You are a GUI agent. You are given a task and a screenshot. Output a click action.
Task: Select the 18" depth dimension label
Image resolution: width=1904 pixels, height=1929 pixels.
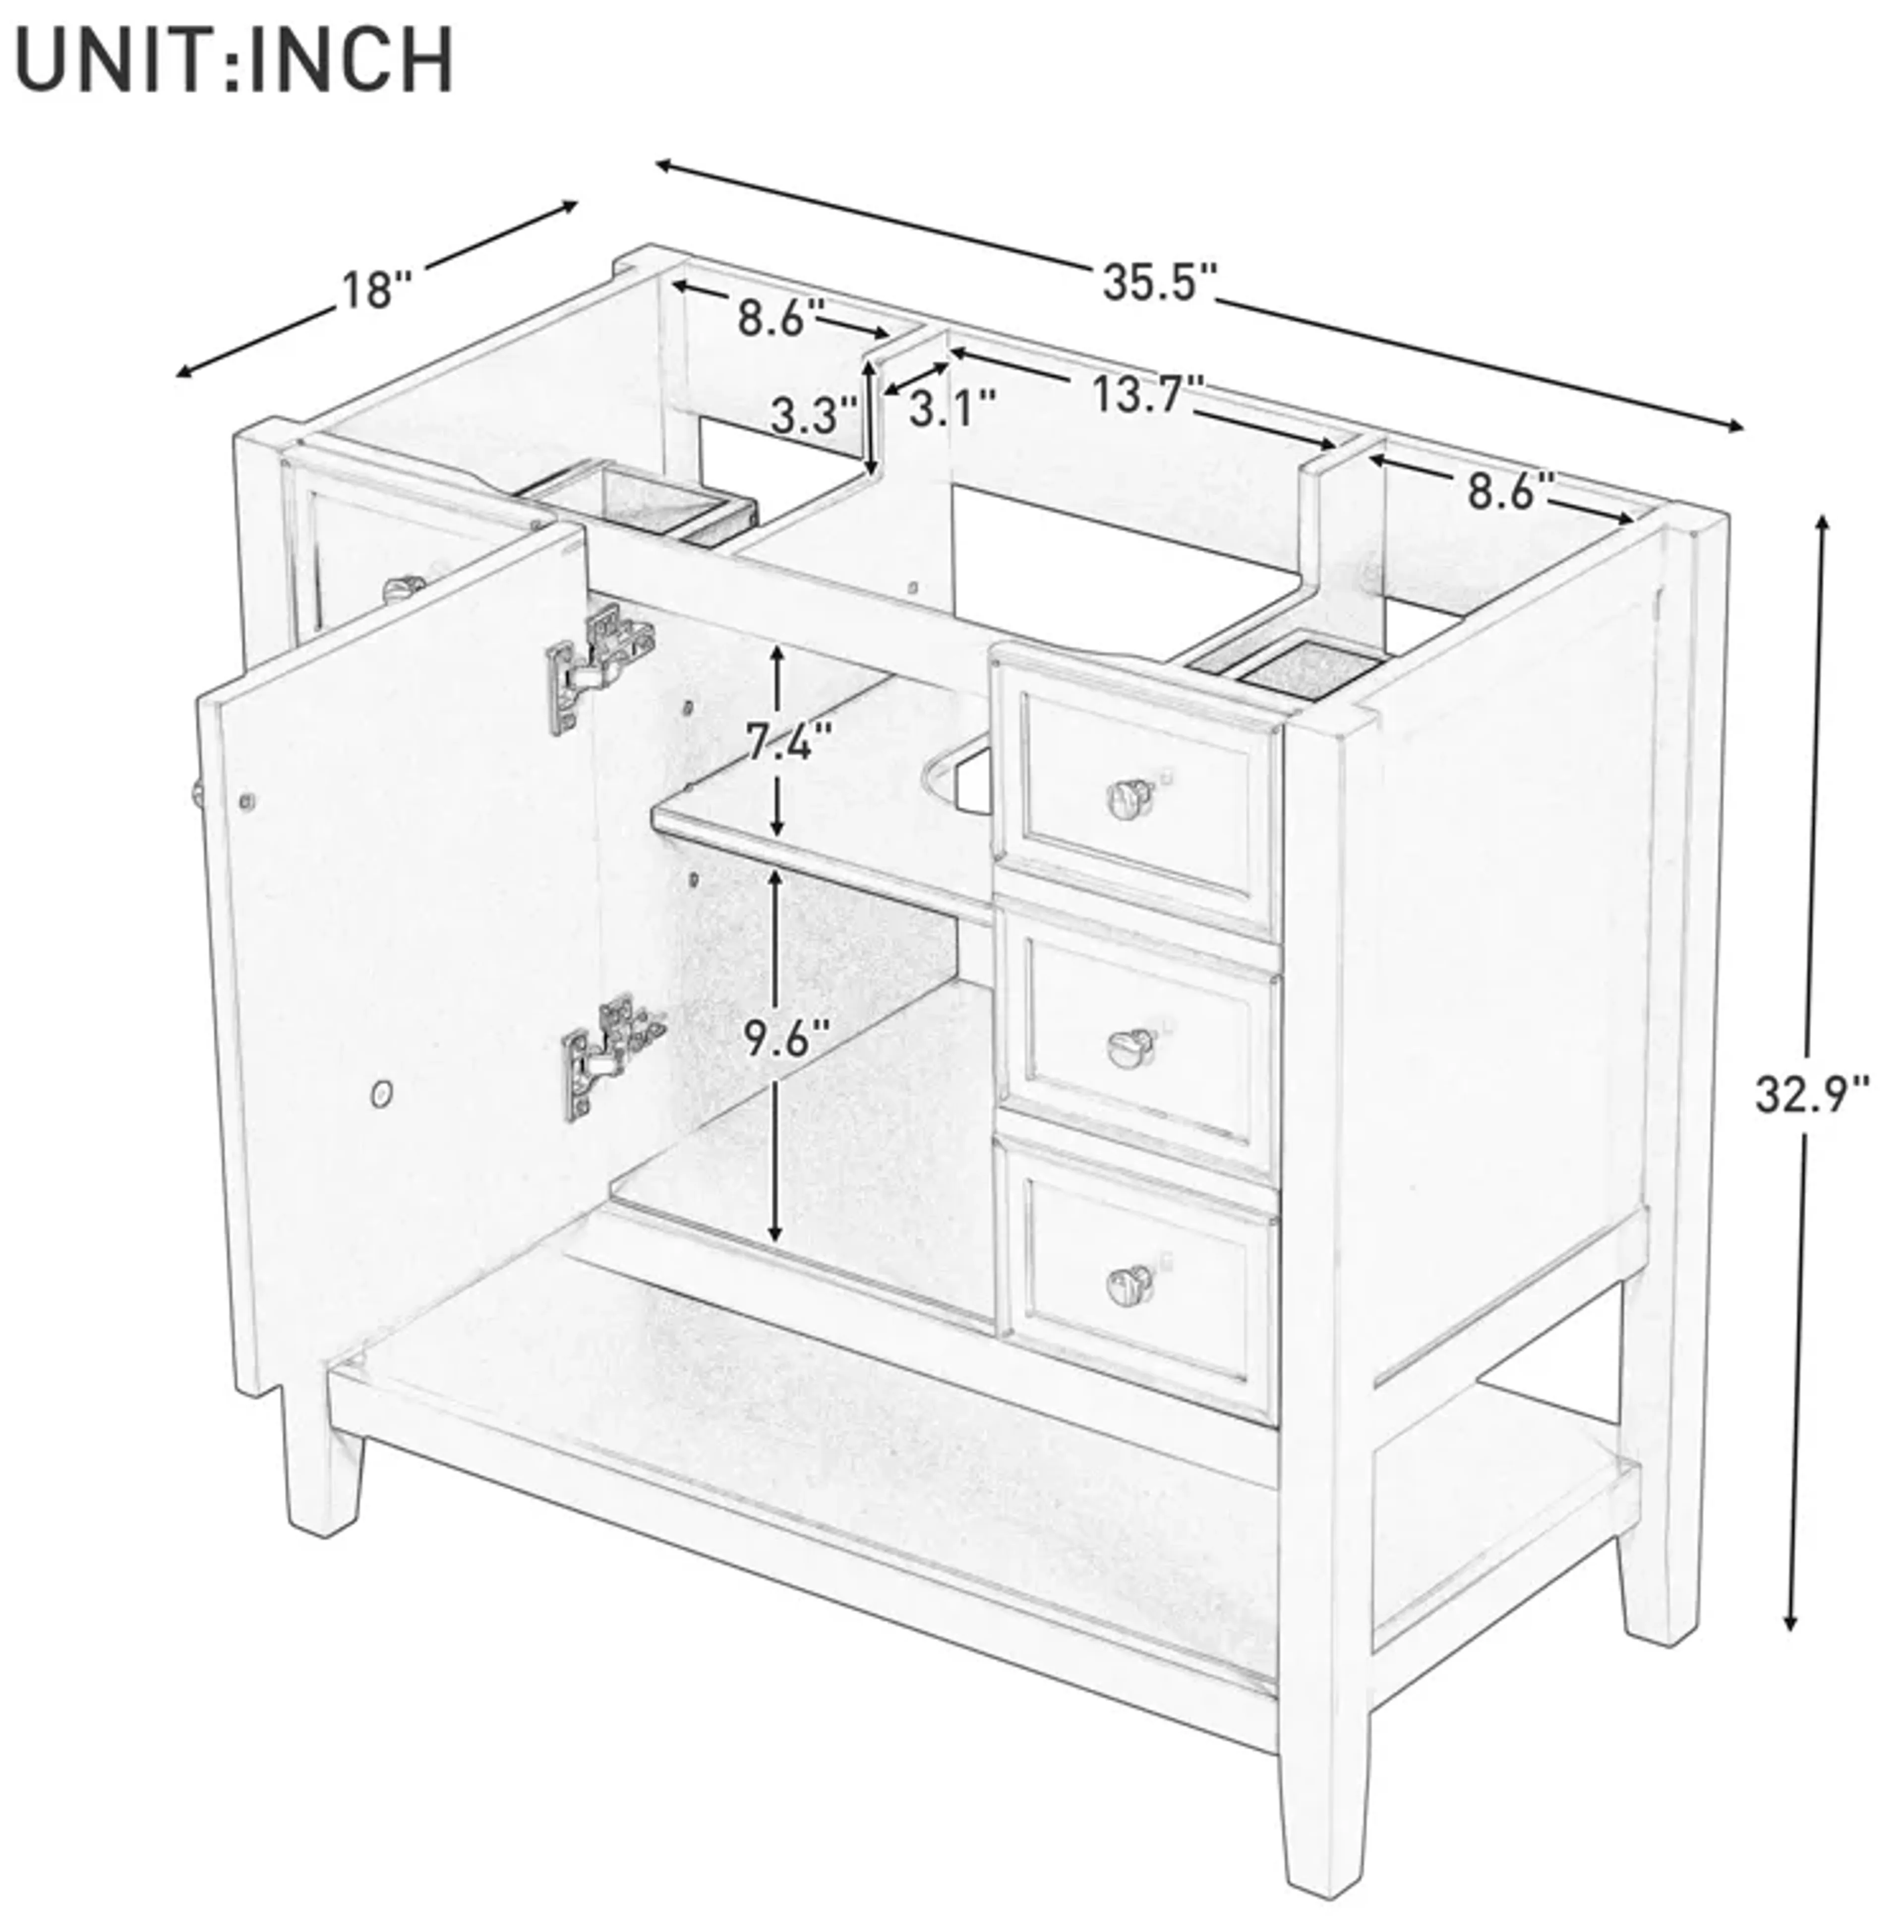click(376, 290)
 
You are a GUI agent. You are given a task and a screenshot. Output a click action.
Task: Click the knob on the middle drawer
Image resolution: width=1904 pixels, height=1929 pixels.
click(1129, 1046)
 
